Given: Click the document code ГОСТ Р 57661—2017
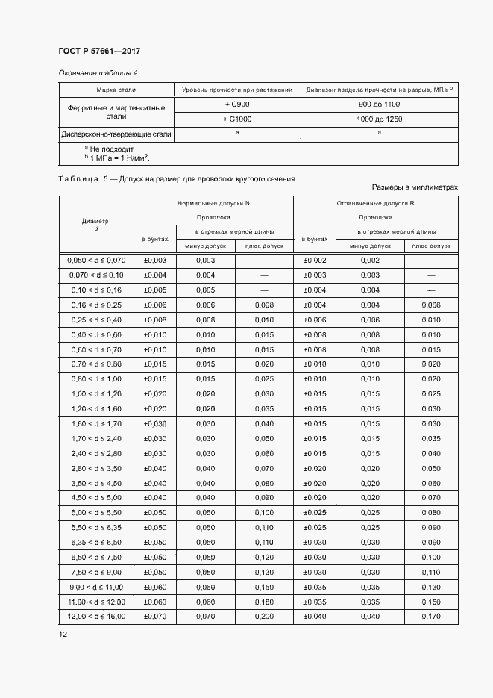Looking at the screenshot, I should [98, 51].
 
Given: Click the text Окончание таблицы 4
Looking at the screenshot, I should [98, 72].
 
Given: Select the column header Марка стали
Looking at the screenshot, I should [116, 90].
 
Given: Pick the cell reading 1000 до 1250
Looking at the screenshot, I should [379, 119].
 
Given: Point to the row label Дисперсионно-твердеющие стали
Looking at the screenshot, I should [116, 135].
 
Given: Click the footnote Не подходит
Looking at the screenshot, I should [113, 149].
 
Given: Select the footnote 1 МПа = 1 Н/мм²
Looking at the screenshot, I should [117, 158].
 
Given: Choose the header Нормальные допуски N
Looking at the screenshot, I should [213, 203].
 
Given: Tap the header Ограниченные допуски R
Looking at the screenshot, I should [375, 203].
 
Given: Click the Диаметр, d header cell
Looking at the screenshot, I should [96, 225].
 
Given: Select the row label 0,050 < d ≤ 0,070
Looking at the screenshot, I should [96, 260].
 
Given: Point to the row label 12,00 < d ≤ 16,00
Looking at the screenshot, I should [96, 617].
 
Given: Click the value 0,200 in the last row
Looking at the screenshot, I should [264, 617].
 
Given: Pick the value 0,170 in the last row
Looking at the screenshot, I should [430, 617].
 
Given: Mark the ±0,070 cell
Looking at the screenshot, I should [154, 617].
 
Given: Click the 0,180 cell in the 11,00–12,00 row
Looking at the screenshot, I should [264, 602].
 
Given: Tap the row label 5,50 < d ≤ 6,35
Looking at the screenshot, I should [96, 527].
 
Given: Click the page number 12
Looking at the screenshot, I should [63, 635].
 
